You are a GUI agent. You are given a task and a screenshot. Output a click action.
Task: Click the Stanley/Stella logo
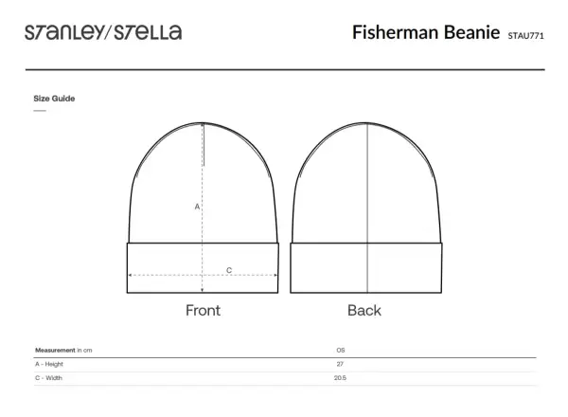(103, 32)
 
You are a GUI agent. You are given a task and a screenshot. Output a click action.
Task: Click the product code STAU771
(525, 35)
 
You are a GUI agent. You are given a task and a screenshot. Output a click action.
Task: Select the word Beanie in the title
(472, 32)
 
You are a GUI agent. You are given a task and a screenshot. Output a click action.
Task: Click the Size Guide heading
(54, 99)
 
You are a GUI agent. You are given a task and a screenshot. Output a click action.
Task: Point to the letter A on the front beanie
(197, 207)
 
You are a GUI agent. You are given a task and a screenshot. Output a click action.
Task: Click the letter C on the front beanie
(229, 270)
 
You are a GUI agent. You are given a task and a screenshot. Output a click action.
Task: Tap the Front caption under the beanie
(203, 311)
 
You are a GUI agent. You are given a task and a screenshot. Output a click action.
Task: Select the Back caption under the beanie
(364, 311)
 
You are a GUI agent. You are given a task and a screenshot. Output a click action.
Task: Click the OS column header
(341, 350)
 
